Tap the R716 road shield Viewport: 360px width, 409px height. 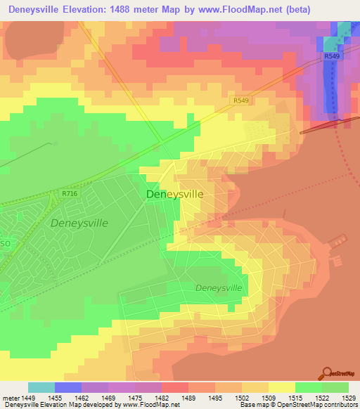point(69,193)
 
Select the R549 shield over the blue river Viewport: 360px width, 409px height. point(333,56)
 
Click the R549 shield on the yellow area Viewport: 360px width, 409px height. point(241,101)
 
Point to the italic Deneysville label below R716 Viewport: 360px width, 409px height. point(79,222)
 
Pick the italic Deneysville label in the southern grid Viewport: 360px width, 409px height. point(218,288)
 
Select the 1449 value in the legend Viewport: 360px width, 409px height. point(28,398)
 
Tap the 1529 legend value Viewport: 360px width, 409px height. point(349,398)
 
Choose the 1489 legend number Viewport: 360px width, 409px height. point(188,398)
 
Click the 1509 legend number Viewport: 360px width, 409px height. point(269,398)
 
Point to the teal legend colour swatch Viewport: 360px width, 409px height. point(41,387)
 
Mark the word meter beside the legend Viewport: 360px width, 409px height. point(10,398)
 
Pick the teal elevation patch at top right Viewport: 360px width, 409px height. point(343,32)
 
